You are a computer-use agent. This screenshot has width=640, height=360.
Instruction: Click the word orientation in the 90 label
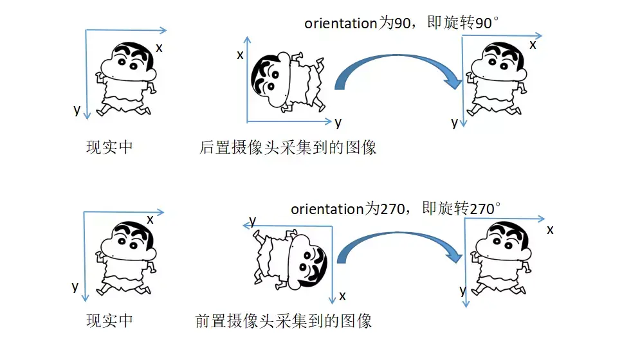click(x=340, y=24)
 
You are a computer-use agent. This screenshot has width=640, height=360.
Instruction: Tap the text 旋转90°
click(x=470, y=24)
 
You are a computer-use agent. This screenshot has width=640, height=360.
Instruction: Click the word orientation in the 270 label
click(x=327, y=209)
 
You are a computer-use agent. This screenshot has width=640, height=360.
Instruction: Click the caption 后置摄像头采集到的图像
click(x=288, y=148)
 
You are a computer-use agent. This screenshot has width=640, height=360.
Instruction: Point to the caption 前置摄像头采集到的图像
click(x=283, y=320)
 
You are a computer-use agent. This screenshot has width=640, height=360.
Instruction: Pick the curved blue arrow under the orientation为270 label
click(x=399, y=248)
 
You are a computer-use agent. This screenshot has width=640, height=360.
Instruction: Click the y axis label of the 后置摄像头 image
click(x=338, y=122)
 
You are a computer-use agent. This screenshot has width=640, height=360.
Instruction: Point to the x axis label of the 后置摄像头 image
click(x=240, y=55)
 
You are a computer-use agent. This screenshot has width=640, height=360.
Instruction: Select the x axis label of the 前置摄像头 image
click(x=342, y=296)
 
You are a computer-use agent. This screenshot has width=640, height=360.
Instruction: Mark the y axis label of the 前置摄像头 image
click(x=253, y=221)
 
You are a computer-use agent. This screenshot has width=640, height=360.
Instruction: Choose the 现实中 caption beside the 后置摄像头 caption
click(x=109, y=147)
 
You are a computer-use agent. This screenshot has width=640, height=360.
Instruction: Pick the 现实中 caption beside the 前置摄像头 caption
click(x=109, y=319)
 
